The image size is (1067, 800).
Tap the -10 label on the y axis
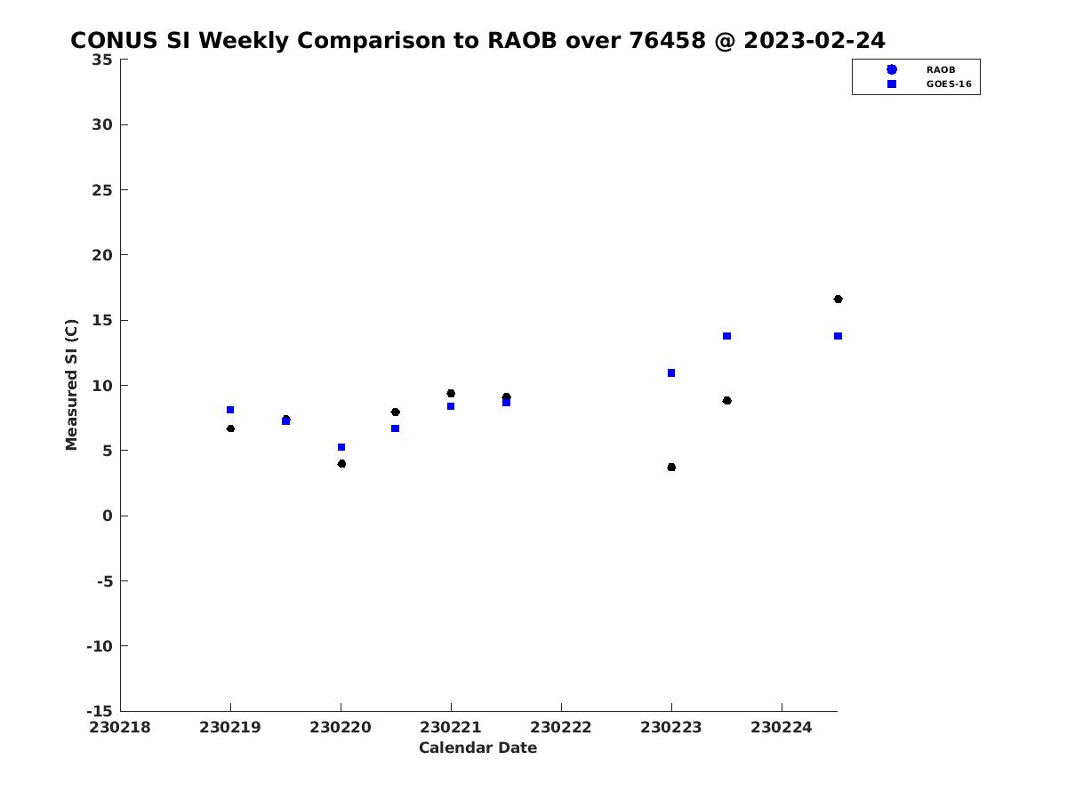100,646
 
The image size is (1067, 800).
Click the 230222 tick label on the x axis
560,727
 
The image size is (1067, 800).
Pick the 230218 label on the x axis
119,727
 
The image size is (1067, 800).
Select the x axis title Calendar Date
477,748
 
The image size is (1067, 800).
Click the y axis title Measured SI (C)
71,385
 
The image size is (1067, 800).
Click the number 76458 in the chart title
667,40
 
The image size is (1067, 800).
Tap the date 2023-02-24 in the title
814,40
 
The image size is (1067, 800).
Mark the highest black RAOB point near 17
838,300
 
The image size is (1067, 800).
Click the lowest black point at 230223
671,468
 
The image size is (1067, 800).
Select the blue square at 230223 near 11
671,373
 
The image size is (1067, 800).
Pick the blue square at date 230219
230,410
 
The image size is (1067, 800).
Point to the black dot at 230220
341,464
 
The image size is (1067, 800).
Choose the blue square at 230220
341,447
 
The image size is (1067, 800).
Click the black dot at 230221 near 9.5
451,394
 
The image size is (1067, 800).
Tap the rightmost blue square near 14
838,336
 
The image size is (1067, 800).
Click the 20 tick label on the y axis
102,255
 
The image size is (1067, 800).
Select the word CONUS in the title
114,40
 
